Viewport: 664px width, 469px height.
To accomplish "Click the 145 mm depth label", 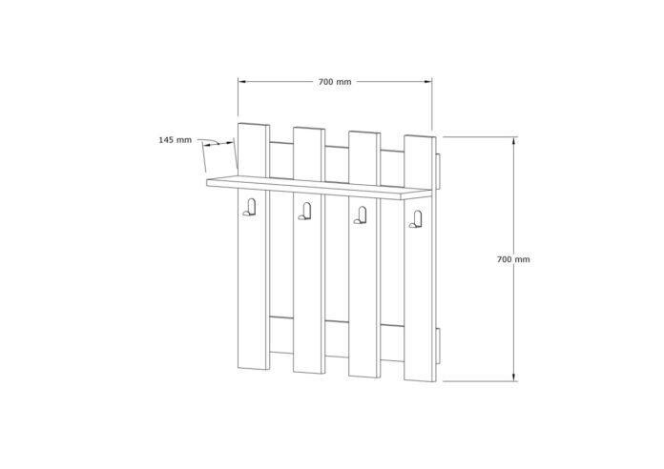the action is click(175, 140).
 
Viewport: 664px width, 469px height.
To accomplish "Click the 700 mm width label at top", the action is click(335, 82).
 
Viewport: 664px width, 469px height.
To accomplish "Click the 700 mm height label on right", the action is click(513, 259).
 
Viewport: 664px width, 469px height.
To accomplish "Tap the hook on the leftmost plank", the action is click(249, 208).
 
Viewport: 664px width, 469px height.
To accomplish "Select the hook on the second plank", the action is click(304, 212).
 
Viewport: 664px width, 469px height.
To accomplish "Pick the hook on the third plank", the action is click(360, 215).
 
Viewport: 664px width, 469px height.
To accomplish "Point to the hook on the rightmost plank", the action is click(415, 219).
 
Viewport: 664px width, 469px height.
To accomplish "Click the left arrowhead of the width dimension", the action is click(241, 82).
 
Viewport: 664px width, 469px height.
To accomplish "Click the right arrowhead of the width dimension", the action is click(428, 82).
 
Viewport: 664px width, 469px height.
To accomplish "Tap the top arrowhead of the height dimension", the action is click(514, 140).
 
